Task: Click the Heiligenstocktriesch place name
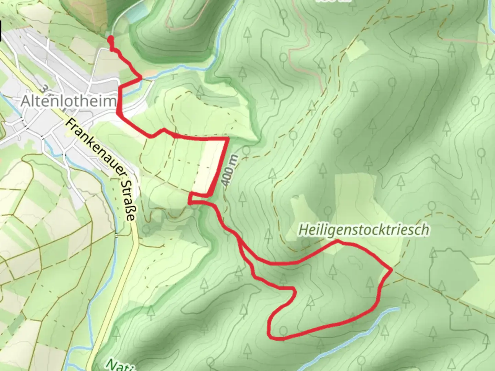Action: coord(364,230)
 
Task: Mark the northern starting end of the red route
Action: coord(110,38)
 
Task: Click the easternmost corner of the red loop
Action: coord(392,270)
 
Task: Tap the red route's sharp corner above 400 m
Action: coord(228,138)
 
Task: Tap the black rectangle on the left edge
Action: coord(1,30)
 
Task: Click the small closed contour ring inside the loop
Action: coord(356,262)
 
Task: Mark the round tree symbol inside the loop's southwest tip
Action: coord(283,331)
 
